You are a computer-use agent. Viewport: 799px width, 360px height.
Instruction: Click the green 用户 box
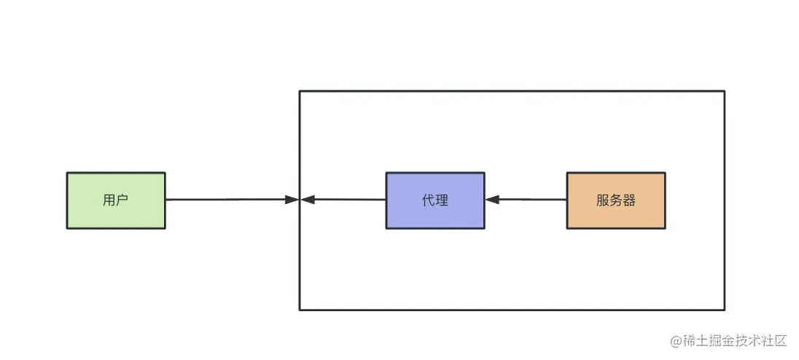tap(116, 200)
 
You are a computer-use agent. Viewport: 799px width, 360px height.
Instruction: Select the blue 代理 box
tap(435, 200)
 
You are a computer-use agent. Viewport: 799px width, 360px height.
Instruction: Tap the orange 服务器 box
tap(616, 200)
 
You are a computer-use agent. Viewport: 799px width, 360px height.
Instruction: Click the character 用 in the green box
tap(109, 200)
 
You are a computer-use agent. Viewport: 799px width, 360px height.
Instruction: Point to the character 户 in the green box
tap(122, 200)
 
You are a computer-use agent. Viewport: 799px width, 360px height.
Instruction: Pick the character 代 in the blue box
tap(429, 200)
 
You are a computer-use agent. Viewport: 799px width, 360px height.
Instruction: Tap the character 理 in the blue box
tap(442, 200)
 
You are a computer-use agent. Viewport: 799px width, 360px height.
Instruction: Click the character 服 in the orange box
tap(603, 200)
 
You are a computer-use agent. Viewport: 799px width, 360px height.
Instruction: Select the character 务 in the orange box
tap(616, 200)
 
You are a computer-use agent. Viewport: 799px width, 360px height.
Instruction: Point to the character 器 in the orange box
tap(629, 200)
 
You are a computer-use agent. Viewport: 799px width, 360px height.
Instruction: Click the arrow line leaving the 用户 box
tap(233, 200)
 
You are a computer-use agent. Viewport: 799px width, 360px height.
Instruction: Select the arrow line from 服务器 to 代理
tap(526, 200)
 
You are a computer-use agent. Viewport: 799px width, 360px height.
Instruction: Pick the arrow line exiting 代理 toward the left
tap(343, 200)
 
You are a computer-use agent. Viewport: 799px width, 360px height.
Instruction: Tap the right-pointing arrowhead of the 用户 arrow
tap(292, 200)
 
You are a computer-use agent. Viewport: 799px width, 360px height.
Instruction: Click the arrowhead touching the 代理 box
tap(492, 200)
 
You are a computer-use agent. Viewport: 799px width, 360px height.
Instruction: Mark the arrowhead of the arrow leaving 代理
tap(308, 200)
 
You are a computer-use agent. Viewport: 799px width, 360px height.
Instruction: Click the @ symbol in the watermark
tap(676, 341)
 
